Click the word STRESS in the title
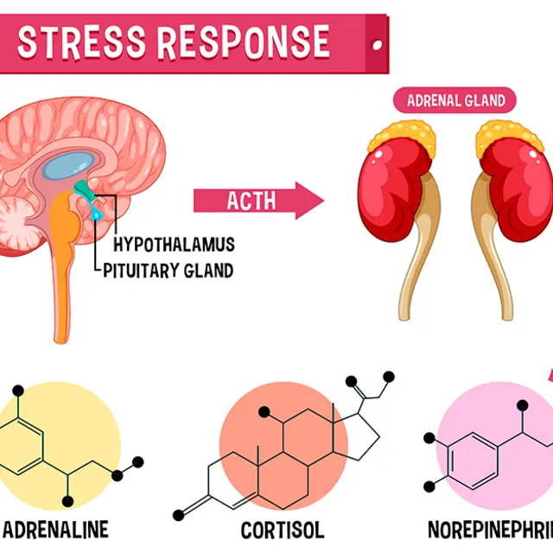74,42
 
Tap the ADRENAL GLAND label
454,100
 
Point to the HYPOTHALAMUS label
174,245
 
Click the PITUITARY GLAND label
168,270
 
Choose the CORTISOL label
282,529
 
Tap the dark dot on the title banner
375,44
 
